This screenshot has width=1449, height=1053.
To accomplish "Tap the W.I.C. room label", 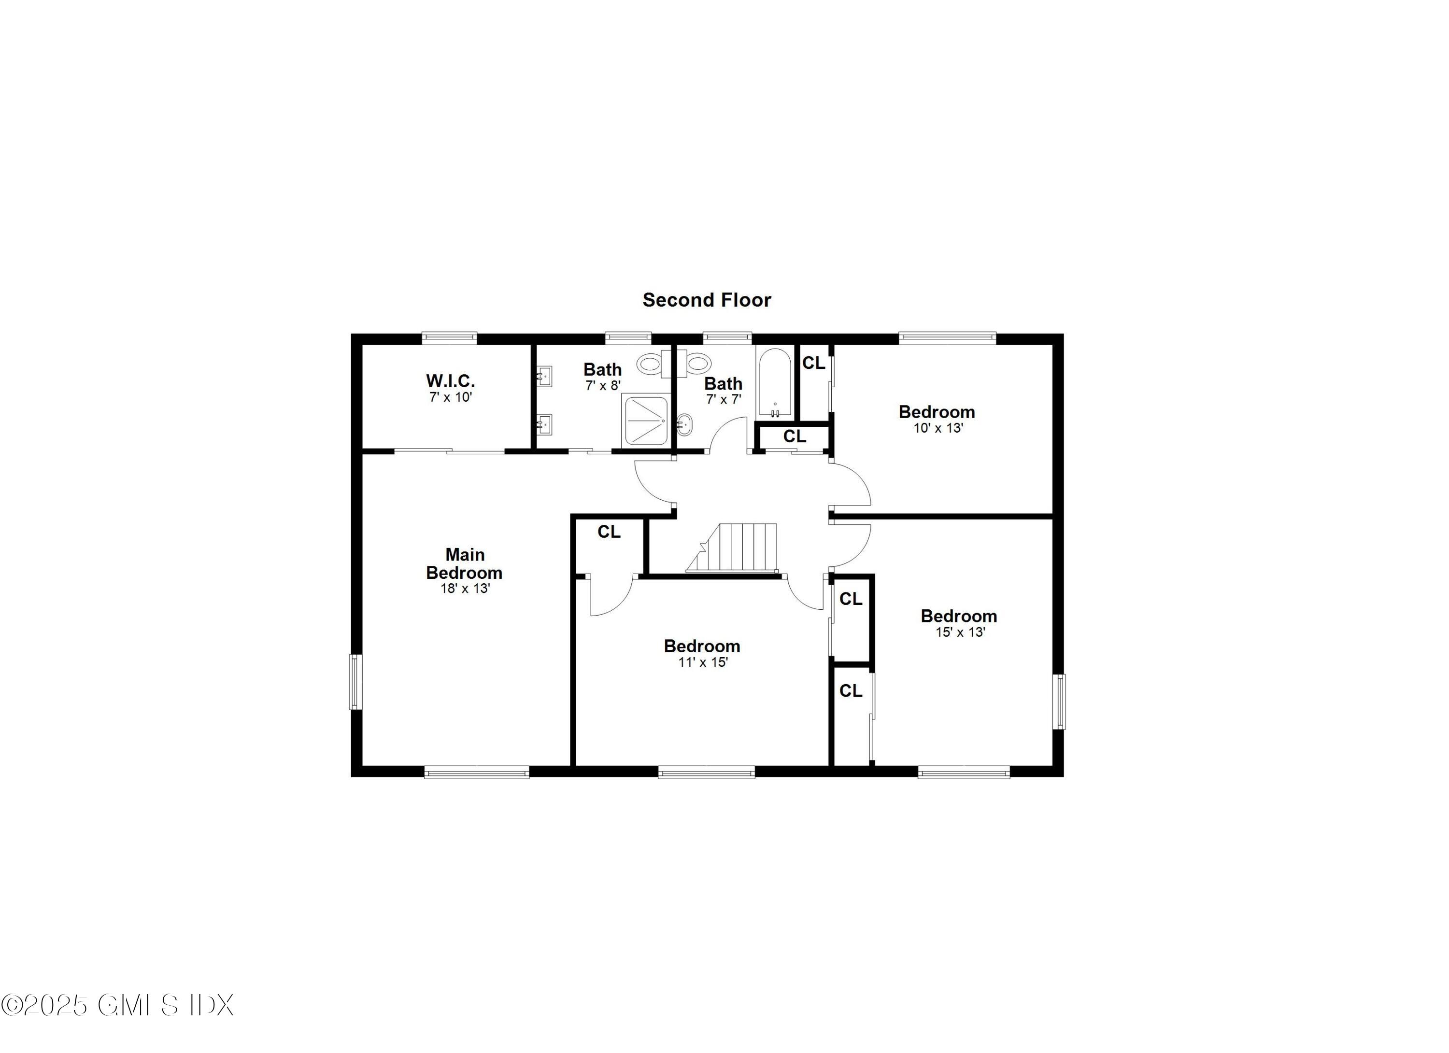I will coord(451,381).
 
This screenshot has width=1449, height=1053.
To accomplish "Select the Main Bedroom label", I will coord(465,563).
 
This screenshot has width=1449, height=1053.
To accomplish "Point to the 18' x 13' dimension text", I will coord(465,589).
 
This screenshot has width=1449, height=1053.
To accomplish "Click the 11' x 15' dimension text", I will coord(703,662).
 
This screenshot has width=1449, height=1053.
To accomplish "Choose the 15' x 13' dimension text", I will coord(960,632).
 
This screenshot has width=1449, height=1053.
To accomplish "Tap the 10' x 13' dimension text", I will coord(938,428).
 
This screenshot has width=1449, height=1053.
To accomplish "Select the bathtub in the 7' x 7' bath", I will coord(775,382).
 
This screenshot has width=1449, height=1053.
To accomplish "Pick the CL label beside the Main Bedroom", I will coord(609,532).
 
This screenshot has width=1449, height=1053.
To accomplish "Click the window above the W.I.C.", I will coord(449,338).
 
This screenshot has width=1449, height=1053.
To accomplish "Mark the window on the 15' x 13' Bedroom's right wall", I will coord(1059,701).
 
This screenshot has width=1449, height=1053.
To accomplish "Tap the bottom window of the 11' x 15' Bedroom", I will coord(707,772).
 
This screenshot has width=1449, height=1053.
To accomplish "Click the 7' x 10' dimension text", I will coord(451,397).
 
